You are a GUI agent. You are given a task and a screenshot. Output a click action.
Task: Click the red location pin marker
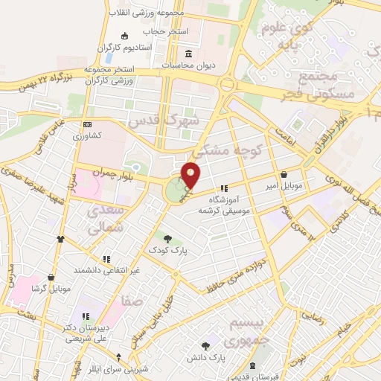coord(191,175)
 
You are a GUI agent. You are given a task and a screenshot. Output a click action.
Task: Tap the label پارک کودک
coord(167,251)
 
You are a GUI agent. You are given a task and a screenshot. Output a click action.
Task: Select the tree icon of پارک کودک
coord(167,239)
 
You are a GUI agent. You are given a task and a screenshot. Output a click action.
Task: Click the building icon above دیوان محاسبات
coord(188,54)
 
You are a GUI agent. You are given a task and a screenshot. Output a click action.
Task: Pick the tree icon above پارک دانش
coord(206,345)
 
